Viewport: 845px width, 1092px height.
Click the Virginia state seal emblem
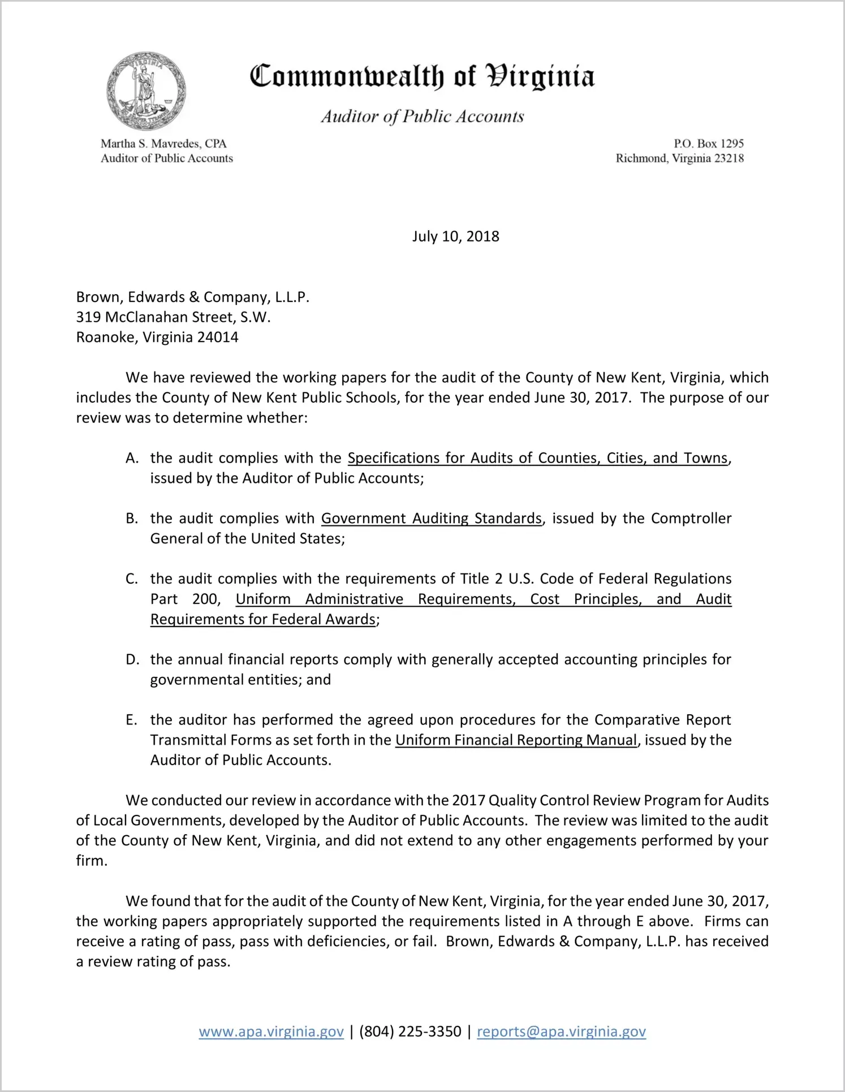click(146, 92)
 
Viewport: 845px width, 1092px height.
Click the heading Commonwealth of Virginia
click(422, 76)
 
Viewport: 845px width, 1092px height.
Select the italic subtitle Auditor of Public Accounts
click(422, 116)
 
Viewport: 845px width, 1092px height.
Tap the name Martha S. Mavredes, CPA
click(163, 144)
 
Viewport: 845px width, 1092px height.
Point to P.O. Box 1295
click(709, 144)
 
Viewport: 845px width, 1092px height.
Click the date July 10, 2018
click(455, 236)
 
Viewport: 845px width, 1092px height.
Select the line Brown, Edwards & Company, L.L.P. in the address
click(193, 297)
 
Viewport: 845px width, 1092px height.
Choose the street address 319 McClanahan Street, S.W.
click(173, 317)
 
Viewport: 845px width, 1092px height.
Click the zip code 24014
click(218, 338)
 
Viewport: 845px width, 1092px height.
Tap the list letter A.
click(132, 458)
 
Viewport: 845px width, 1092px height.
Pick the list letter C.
click(132, 579)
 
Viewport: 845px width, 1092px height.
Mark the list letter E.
click(131, 720)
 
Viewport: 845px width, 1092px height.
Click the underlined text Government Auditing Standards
click(431, 519)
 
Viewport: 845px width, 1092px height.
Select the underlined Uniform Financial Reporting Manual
click(516, 740)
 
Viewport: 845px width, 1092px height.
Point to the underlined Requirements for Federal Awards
click(263, 619)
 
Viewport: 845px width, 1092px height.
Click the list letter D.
click(132, 659)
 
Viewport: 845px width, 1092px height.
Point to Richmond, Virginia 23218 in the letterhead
click(679, 158)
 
